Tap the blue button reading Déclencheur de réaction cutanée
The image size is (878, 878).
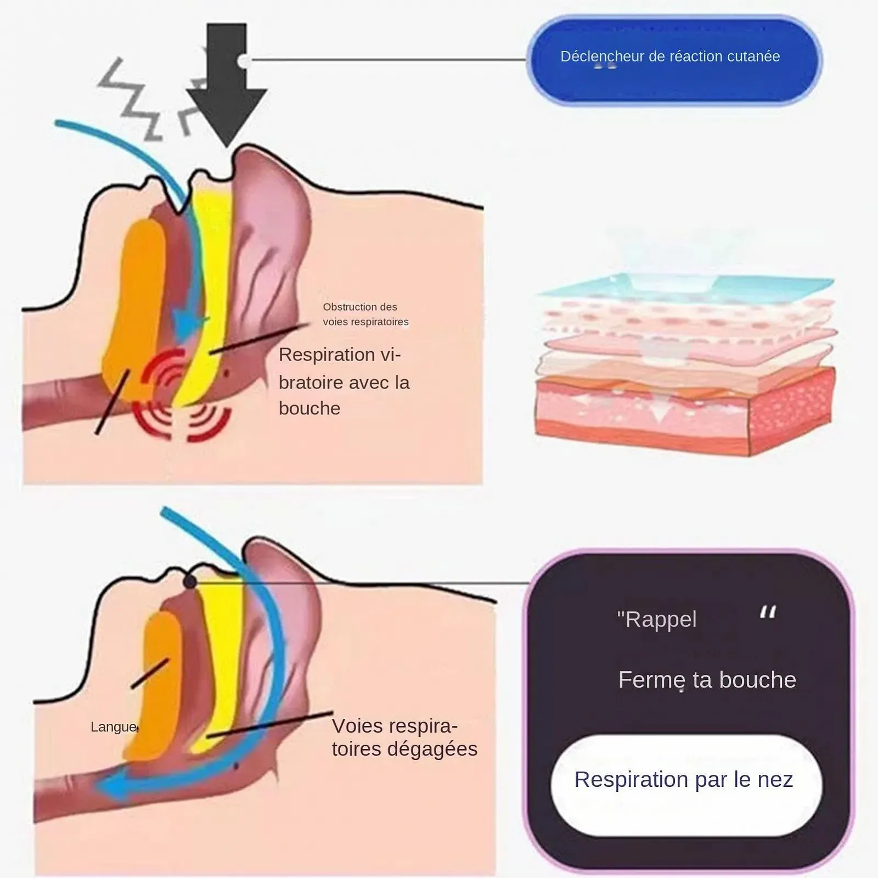coord(673,59)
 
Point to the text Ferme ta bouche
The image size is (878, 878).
coord(707,680)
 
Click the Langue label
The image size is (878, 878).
coord(113,727)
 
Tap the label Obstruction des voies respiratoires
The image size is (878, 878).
coord(365,314)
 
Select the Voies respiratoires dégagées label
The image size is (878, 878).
coord(404,737)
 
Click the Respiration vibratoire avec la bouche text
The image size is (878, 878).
coord(344,381)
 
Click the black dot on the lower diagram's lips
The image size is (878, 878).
coord(190,581)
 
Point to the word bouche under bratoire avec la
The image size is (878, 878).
coord(309,409)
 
